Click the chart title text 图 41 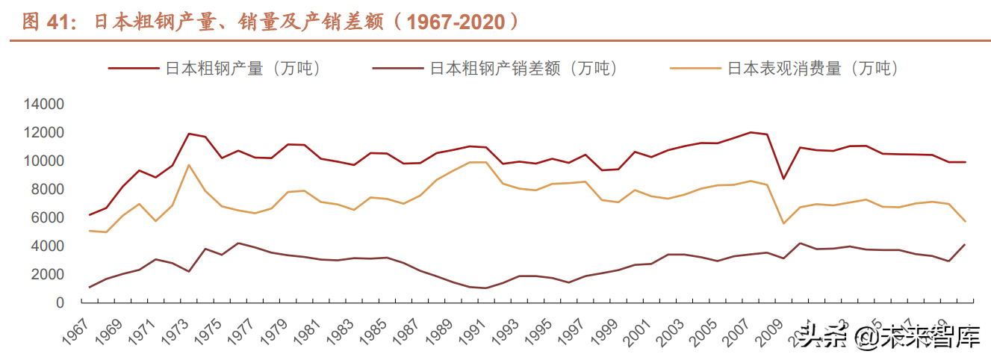click(x=46, y=22)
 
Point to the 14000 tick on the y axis click(x=44, y=105)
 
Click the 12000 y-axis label click(x=44, y=133)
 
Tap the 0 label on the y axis click(x=59, y=303)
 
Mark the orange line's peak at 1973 click(x=189, y=165)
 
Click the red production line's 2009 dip click(x=783, y=179)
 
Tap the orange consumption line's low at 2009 click(x=783, y=223)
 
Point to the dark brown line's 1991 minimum click(x=486, y=288)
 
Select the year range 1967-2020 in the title click(x=454, y=22)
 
